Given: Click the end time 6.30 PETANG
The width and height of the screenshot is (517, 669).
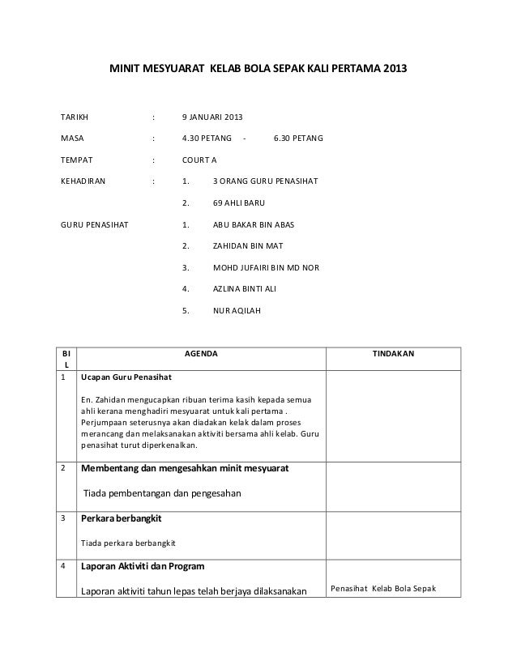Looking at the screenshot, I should [x=298, y=140].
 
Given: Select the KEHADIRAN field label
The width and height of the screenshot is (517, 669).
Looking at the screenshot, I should [x=82, y=181].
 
